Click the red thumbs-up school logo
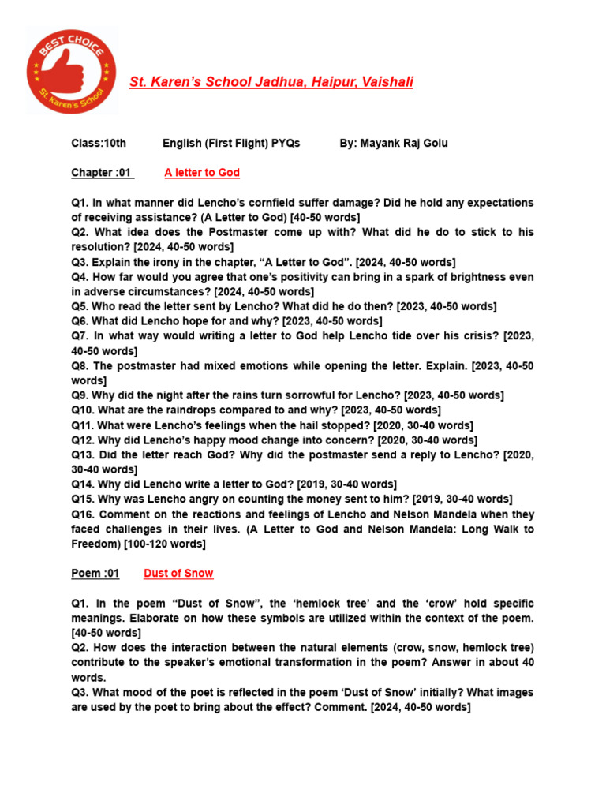[x=71, y=70]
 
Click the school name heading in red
[x=271, y=82]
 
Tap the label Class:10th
[x=99, y=143]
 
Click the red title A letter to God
[x=202, y=173]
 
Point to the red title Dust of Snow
[x=178, y=574]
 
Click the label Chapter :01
[x=102, y=173]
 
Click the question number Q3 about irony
[x=80, y=262]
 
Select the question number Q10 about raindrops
[x=83, y=410]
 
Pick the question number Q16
[x=83, y=514]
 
